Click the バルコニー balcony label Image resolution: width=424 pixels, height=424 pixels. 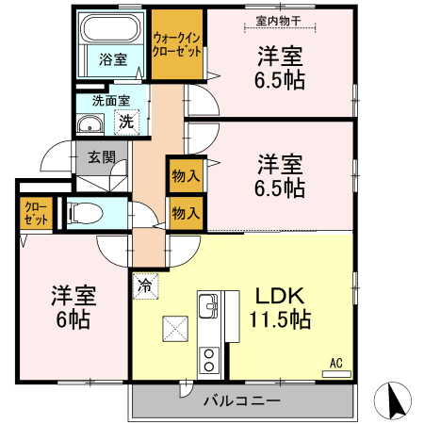point(241,401)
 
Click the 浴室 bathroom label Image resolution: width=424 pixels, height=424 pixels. point(113,59)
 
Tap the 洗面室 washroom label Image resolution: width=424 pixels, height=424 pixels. point(110,100)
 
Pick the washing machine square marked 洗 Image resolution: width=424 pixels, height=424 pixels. point(126,121)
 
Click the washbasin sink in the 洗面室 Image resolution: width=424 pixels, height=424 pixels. point(91,123)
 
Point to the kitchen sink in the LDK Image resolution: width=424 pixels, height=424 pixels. point(208,305)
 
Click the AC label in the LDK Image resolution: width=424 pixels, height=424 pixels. point(335,361)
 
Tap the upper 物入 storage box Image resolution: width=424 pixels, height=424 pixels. point(186,174)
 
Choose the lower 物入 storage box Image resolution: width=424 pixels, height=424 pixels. point(186,214)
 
